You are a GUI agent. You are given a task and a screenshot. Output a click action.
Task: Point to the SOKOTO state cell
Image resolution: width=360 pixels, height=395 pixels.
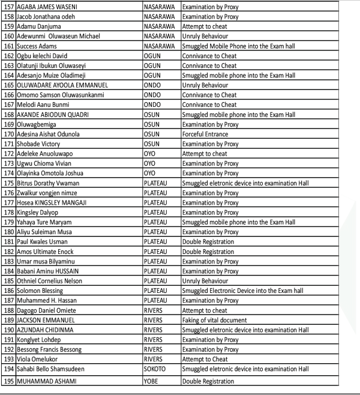(x=155, y=369)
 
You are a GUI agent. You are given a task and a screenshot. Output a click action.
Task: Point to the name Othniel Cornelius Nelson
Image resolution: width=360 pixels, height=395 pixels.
(x=51, y=281)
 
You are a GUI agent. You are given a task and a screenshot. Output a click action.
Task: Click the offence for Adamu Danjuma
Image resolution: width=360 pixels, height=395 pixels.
(x=205, y=26)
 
